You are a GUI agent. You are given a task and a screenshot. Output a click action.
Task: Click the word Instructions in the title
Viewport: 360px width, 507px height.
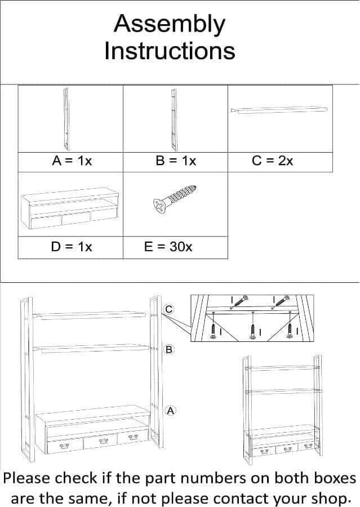[x=170, y=51]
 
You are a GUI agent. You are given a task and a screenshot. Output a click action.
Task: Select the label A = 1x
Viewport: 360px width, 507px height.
[x=72, y=161]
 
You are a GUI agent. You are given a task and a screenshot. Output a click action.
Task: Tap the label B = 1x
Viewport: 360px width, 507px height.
[x=176, y=161]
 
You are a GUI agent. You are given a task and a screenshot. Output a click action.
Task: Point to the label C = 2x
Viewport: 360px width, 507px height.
[x=272, y=161]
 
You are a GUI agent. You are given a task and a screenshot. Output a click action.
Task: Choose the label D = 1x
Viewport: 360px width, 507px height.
[x=72, y=247]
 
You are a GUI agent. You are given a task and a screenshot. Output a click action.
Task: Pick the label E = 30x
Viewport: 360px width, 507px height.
[x=168, y=247]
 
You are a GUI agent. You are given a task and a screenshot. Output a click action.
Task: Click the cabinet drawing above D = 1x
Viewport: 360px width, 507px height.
[x=70, y=208]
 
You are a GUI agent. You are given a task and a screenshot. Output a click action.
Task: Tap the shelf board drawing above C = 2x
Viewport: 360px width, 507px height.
[x=279, y=110]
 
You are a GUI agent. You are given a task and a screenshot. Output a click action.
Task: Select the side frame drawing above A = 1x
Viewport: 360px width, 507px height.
[x=66, y=119]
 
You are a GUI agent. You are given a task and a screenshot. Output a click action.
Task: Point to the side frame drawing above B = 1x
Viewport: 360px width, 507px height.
[x=174, y=119]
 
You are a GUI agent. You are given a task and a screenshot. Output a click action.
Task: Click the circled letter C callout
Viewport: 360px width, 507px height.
[x=168, y=309]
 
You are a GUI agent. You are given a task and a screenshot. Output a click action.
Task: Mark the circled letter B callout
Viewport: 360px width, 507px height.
[x=169, y=349]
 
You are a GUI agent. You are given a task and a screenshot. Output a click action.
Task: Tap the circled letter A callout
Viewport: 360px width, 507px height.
[x=171, y=411]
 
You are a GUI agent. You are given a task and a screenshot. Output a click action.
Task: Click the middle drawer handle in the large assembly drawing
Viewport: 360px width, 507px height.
[x=103, y=441]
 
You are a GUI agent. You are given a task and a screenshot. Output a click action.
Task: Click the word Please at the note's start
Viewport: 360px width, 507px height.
[x=27, y=478]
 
